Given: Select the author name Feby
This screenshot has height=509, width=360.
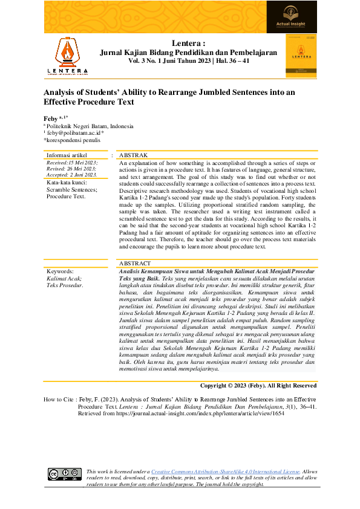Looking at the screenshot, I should pyautogui.click(x=51, y=117).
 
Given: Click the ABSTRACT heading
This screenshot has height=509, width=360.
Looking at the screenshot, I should pyautogui.click(x=135, y=264).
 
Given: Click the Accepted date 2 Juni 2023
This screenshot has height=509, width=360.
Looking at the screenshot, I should pyautogui.click(x=72, y=175).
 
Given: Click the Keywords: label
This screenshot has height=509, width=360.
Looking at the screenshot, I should pyautogui.click(x=60, y=272).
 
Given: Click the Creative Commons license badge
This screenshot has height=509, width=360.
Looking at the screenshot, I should pyautogui.click(x=65, y=474).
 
